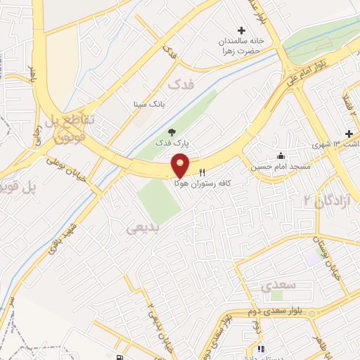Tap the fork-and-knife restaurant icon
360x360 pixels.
pos(202,172)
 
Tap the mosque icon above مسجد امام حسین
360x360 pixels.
pos(281,155)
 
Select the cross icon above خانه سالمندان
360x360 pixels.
pos(241,30)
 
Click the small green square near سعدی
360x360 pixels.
pos(311,259)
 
